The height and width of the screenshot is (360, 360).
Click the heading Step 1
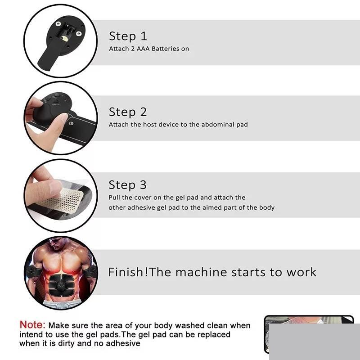tap(128, 36)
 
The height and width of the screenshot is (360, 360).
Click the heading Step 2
tap(128, 112)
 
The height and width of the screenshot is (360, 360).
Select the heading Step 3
tap(127, 185)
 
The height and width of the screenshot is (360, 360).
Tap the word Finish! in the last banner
tap(128, 272)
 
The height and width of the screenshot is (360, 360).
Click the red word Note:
tap(32, 325)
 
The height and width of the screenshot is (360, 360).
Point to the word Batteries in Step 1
tap(165, 49)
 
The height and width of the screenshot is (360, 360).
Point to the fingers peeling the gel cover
tap(44, 187)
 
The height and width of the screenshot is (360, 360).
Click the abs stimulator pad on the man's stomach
tap(61, 285)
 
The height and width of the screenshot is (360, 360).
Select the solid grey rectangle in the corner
tap(315, 342)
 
